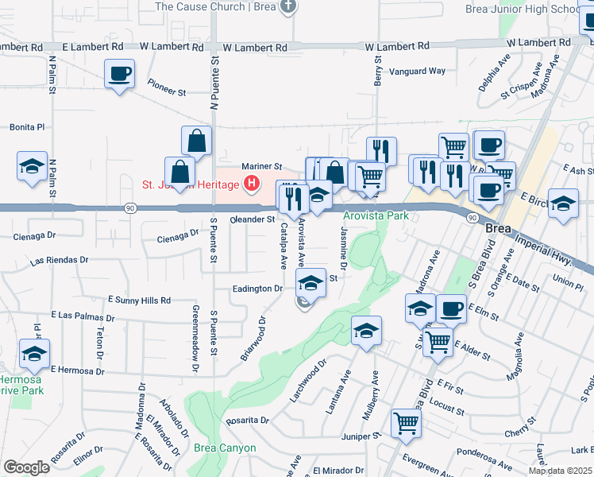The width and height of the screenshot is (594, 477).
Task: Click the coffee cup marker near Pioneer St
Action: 119,76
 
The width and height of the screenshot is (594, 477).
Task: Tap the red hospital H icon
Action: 252,184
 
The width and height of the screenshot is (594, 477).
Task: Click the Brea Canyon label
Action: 226,448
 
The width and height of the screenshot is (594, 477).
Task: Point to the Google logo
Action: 25,467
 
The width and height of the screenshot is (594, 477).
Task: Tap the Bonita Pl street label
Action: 27,126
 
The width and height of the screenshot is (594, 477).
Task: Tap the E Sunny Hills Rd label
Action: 140,301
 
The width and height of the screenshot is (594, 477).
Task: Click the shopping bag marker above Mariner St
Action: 196,141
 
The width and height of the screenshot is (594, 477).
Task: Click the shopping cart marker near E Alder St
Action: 438,343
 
